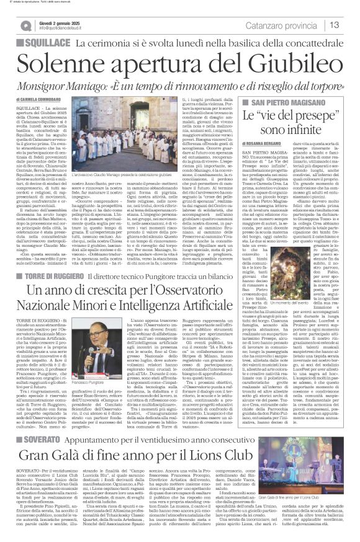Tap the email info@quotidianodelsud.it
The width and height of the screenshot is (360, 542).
click(66, 29)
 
